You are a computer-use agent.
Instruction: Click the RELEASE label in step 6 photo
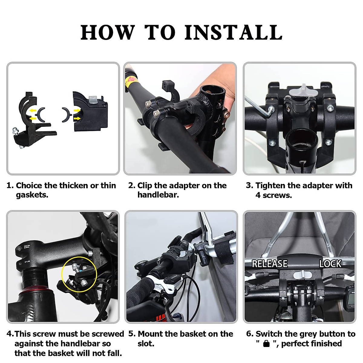tap(270, 263)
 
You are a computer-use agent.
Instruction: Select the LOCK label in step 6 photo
tap(330, 264)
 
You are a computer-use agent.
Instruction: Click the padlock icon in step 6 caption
tap(266, 343)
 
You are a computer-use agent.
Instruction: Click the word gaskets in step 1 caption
tap(32, 195)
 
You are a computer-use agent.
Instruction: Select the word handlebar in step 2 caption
tap(158, 195)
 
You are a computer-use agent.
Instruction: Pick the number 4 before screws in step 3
tap(258, 195)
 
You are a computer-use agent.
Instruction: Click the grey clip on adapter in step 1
tap(93, 100)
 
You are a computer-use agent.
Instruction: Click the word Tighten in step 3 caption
tap(270, 186)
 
